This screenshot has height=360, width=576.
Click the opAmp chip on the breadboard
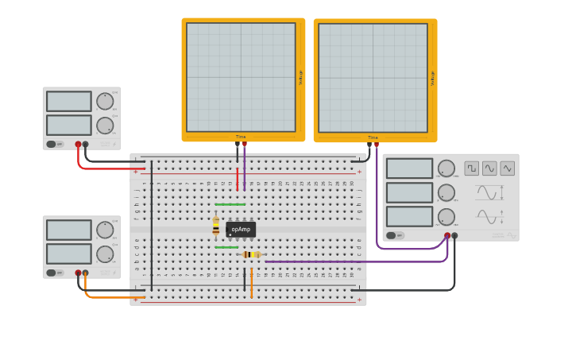coord(241,230)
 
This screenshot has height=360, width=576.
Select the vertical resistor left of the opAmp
coord(215,227)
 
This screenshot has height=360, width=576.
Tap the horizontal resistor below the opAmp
coord(251,254)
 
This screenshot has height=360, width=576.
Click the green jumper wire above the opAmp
coord(230,204)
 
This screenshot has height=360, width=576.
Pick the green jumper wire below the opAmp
coord(226,247)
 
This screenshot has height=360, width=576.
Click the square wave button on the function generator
coord(472,168)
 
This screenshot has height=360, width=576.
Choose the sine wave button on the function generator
coord(489,168)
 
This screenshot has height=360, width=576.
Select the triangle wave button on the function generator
coord(507,168)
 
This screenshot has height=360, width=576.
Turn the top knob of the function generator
coord(446,168)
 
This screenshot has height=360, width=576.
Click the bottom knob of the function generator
coord(446,217)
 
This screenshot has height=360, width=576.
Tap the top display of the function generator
coord(409,168)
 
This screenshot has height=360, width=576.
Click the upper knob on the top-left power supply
coord(105,101)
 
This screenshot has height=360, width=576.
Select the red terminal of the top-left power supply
coord(78,145)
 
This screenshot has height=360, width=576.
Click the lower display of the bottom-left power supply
coord(69,254)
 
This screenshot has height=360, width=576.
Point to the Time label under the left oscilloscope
coord(240,137)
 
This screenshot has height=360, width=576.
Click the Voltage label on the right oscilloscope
coord(433,78)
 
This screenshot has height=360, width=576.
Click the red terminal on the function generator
coord(447,235)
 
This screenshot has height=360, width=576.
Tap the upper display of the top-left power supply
coord(69,101)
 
